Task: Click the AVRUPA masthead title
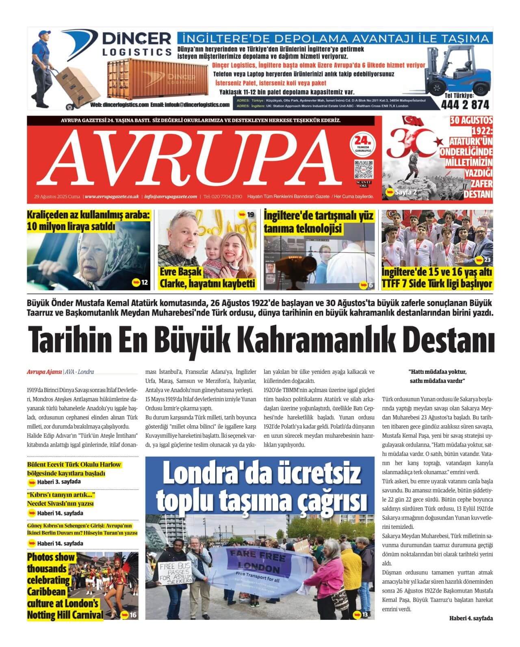tap(193, 156)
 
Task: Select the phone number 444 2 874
tap(465, 105)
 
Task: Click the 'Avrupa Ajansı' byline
tap(44, 371)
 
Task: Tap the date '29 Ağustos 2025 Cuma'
tap(57, 196)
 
